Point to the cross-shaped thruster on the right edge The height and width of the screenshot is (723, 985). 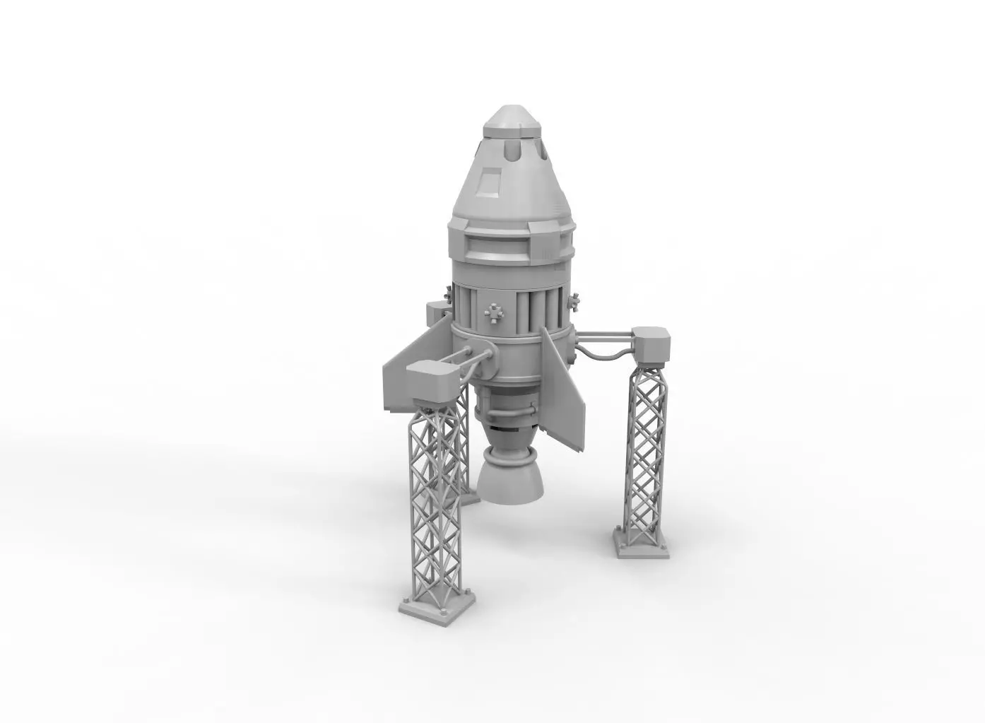(575, 302)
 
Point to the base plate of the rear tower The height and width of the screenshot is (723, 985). (468, 497)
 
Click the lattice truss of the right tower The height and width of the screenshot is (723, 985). (645, 452)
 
